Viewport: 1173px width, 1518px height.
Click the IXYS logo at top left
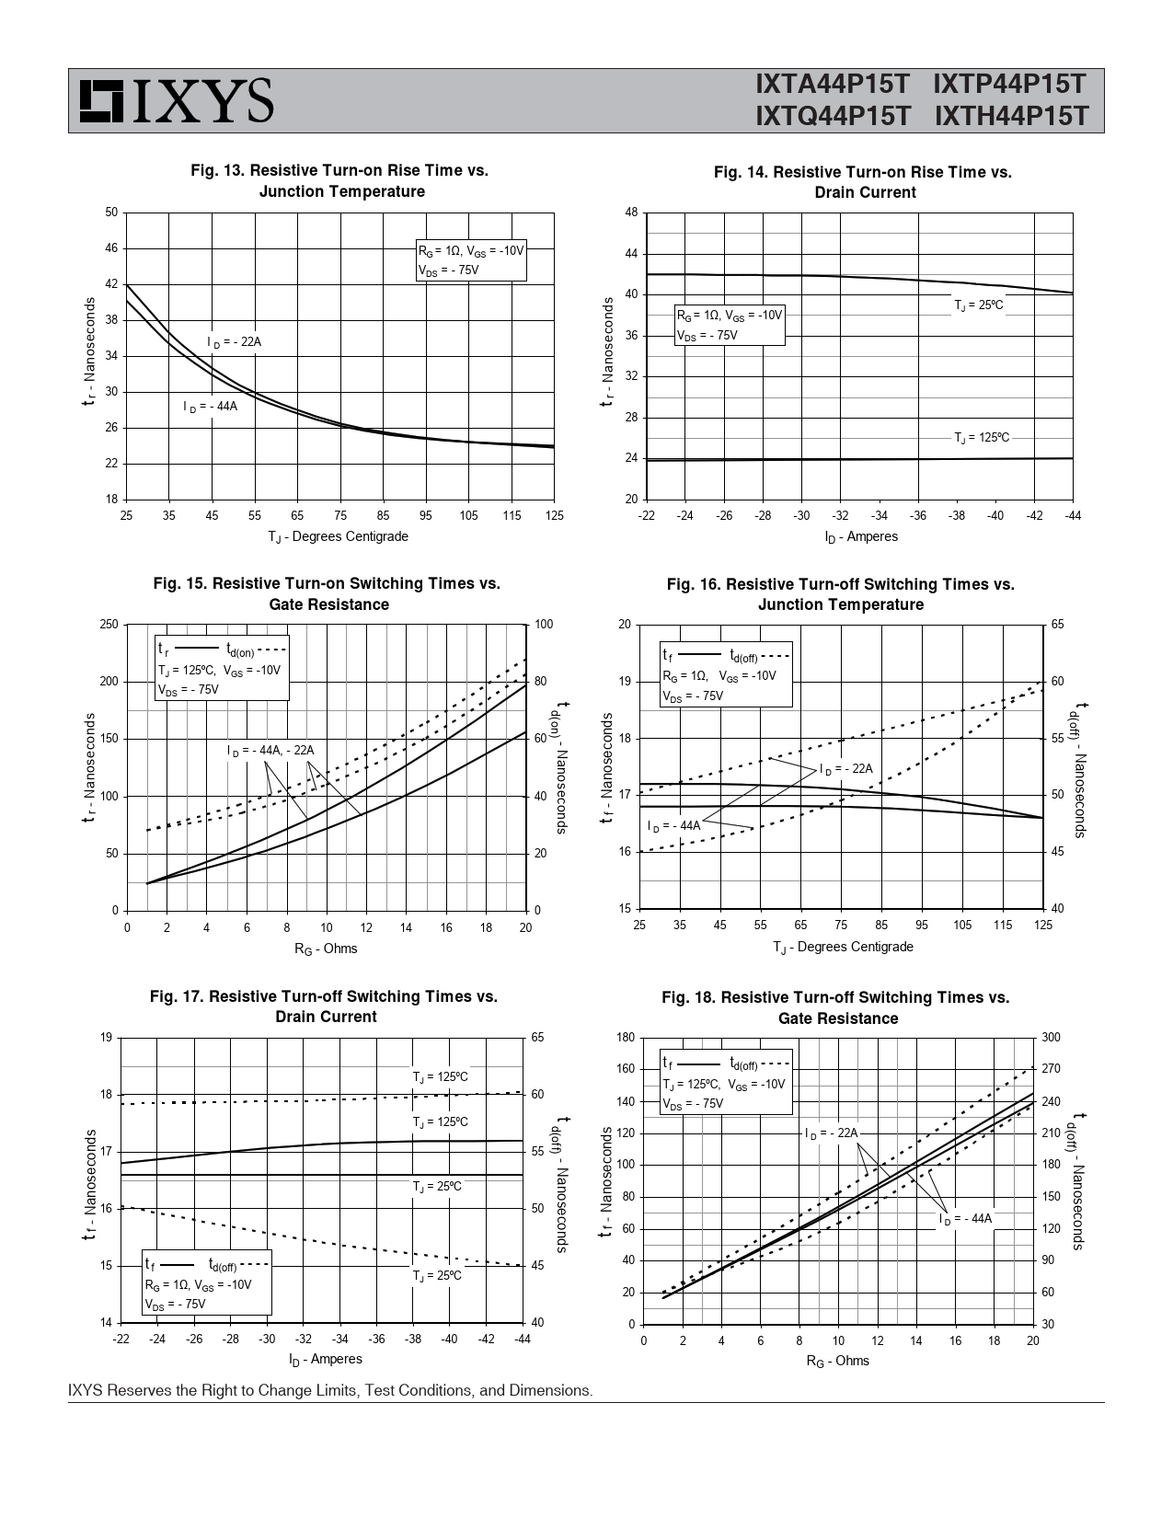tap(176, 100)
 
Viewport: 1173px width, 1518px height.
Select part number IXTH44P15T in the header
tap(1011, 117)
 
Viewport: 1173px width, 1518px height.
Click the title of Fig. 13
tap(339, 181)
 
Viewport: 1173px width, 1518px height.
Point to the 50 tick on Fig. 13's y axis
tap(111, 213)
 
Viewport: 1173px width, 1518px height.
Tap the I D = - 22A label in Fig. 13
tap(234, 342)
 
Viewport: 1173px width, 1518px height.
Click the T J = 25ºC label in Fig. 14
tap(978, 305)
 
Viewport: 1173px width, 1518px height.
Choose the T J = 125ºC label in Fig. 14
tap(981, 438)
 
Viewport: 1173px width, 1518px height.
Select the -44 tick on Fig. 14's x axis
tap(1073, 515)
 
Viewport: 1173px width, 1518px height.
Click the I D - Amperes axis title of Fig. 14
tap(861, 536)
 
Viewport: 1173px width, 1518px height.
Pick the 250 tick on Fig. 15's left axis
tap(109, 625)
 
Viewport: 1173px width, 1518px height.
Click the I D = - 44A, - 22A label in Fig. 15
tap(270, 751)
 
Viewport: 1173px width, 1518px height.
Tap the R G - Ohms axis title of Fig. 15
tap(326, 949)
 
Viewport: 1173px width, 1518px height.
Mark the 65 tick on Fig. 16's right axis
tap(1057, 625)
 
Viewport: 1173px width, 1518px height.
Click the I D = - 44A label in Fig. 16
tap(673, 825)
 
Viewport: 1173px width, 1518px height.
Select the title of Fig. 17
tap(325, 1006)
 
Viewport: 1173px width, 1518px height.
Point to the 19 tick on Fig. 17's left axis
tap(106, 1038)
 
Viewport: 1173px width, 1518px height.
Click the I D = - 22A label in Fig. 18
tap(831, 1133)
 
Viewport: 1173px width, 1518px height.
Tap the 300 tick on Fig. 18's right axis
tap(1052, 1038)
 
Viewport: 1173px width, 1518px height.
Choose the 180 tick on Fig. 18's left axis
tap(626, 1038)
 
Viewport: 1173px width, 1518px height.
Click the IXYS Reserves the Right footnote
tap(330, 1390)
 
